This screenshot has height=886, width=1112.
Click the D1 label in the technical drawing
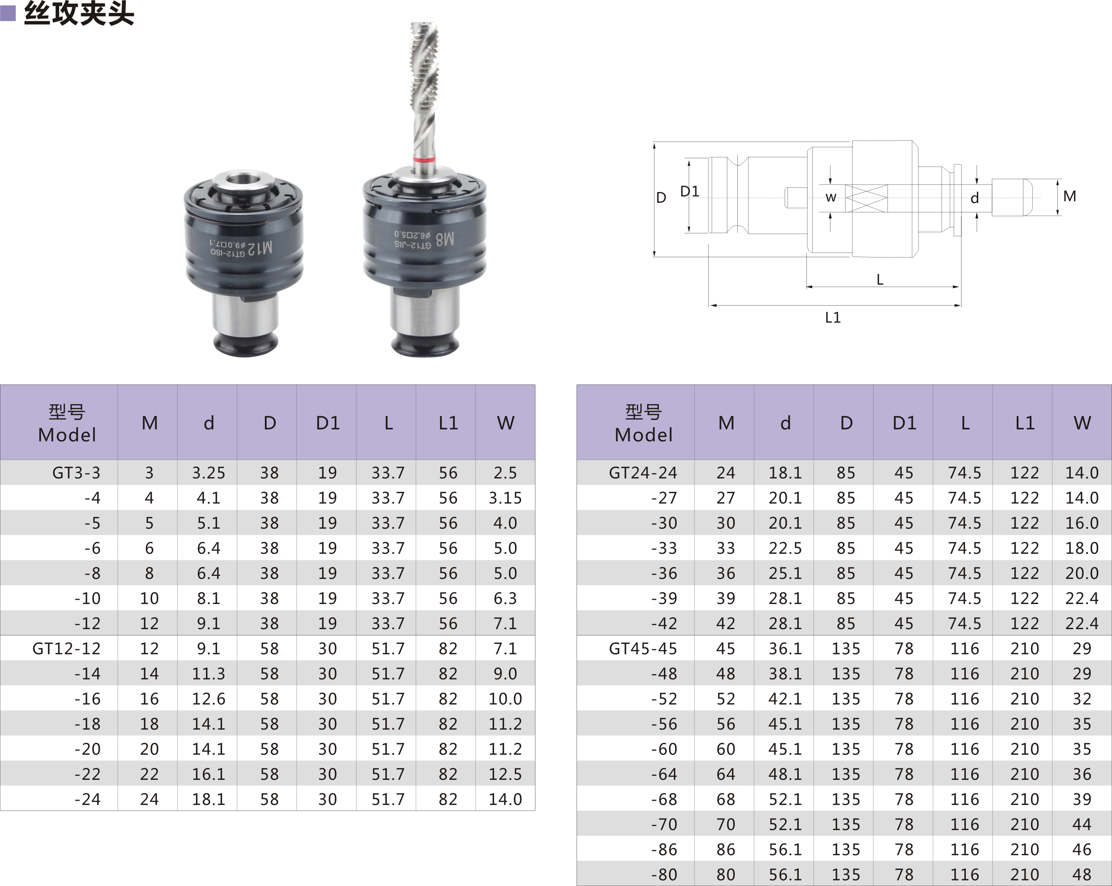coord(690,191)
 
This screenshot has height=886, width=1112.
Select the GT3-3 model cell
coord(76,473)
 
